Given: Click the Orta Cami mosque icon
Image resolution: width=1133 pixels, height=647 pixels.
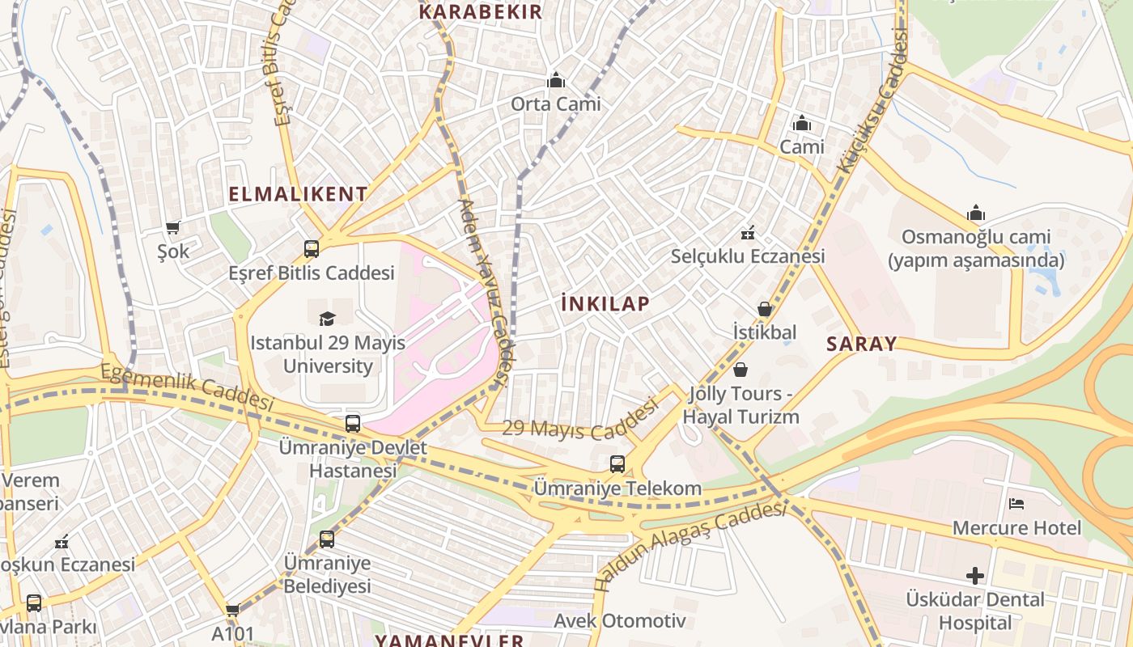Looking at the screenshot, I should click(x=555, y=80).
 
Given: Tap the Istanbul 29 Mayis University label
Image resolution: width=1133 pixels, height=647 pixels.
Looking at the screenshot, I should click(x=328, y=354).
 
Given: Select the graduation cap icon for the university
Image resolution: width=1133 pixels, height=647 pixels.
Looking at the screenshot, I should click(x=327, y=319).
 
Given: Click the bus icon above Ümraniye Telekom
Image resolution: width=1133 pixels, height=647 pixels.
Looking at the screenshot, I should click(x=617, y=464).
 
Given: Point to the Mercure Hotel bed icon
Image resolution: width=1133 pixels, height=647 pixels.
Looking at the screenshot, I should click(x=1016, y=504).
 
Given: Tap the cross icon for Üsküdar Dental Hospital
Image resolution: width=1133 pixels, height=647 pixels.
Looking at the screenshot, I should click(x=975, y=576).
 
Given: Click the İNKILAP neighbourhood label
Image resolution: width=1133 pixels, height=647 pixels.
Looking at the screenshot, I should click(x=605, y=304).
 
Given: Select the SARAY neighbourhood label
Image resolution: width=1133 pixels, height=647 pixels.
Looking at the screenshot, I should click(x=861, y=344).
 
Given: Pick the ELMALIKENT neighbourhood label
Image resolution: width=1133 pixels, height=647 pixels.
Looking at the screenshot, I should click(x=298, y=194).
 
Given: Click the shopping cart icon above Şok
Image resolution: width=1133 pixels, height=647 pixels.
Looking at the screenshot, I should click(x=172, y=227).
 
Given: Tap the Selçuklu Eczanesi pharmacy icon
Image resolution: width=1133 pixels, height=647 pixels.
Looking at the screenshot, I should click(x=748, y=233).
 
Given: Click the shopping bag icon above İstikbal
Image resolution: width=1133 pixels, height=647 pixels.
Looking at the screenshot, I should click(x=764, y=309).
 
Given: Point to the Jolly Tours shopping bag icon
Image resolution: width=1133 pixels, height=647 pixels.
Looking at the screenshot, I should click(x=740, y=370).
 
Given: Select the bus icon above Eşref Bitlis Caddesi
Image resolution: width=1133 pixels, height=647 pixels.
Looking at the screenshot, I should click(x=312, y=249).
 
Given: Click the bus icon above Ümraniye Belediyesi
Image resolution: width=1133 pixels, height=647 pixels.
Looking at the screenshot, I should click(x=327, y=539).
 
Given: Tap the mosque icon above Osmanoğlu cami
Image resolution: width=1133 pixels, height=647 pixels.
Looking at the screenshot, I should click(x=976, y=214).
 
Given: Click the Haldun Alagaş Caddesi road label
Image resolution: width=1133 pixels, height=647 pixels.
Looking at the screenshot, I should click(x=690, y=544).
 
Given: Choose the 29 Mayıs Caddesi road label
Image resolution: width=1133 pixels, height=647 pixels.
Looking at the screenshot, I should click(x=579, y=421).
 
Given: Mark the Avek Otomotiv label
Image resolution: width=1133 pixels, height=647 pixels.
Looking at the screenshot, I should click(x=619, y=621).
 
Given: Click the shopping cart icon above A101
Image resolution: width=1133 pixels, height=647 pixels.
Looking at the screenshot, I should click(x=233, y=610).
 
